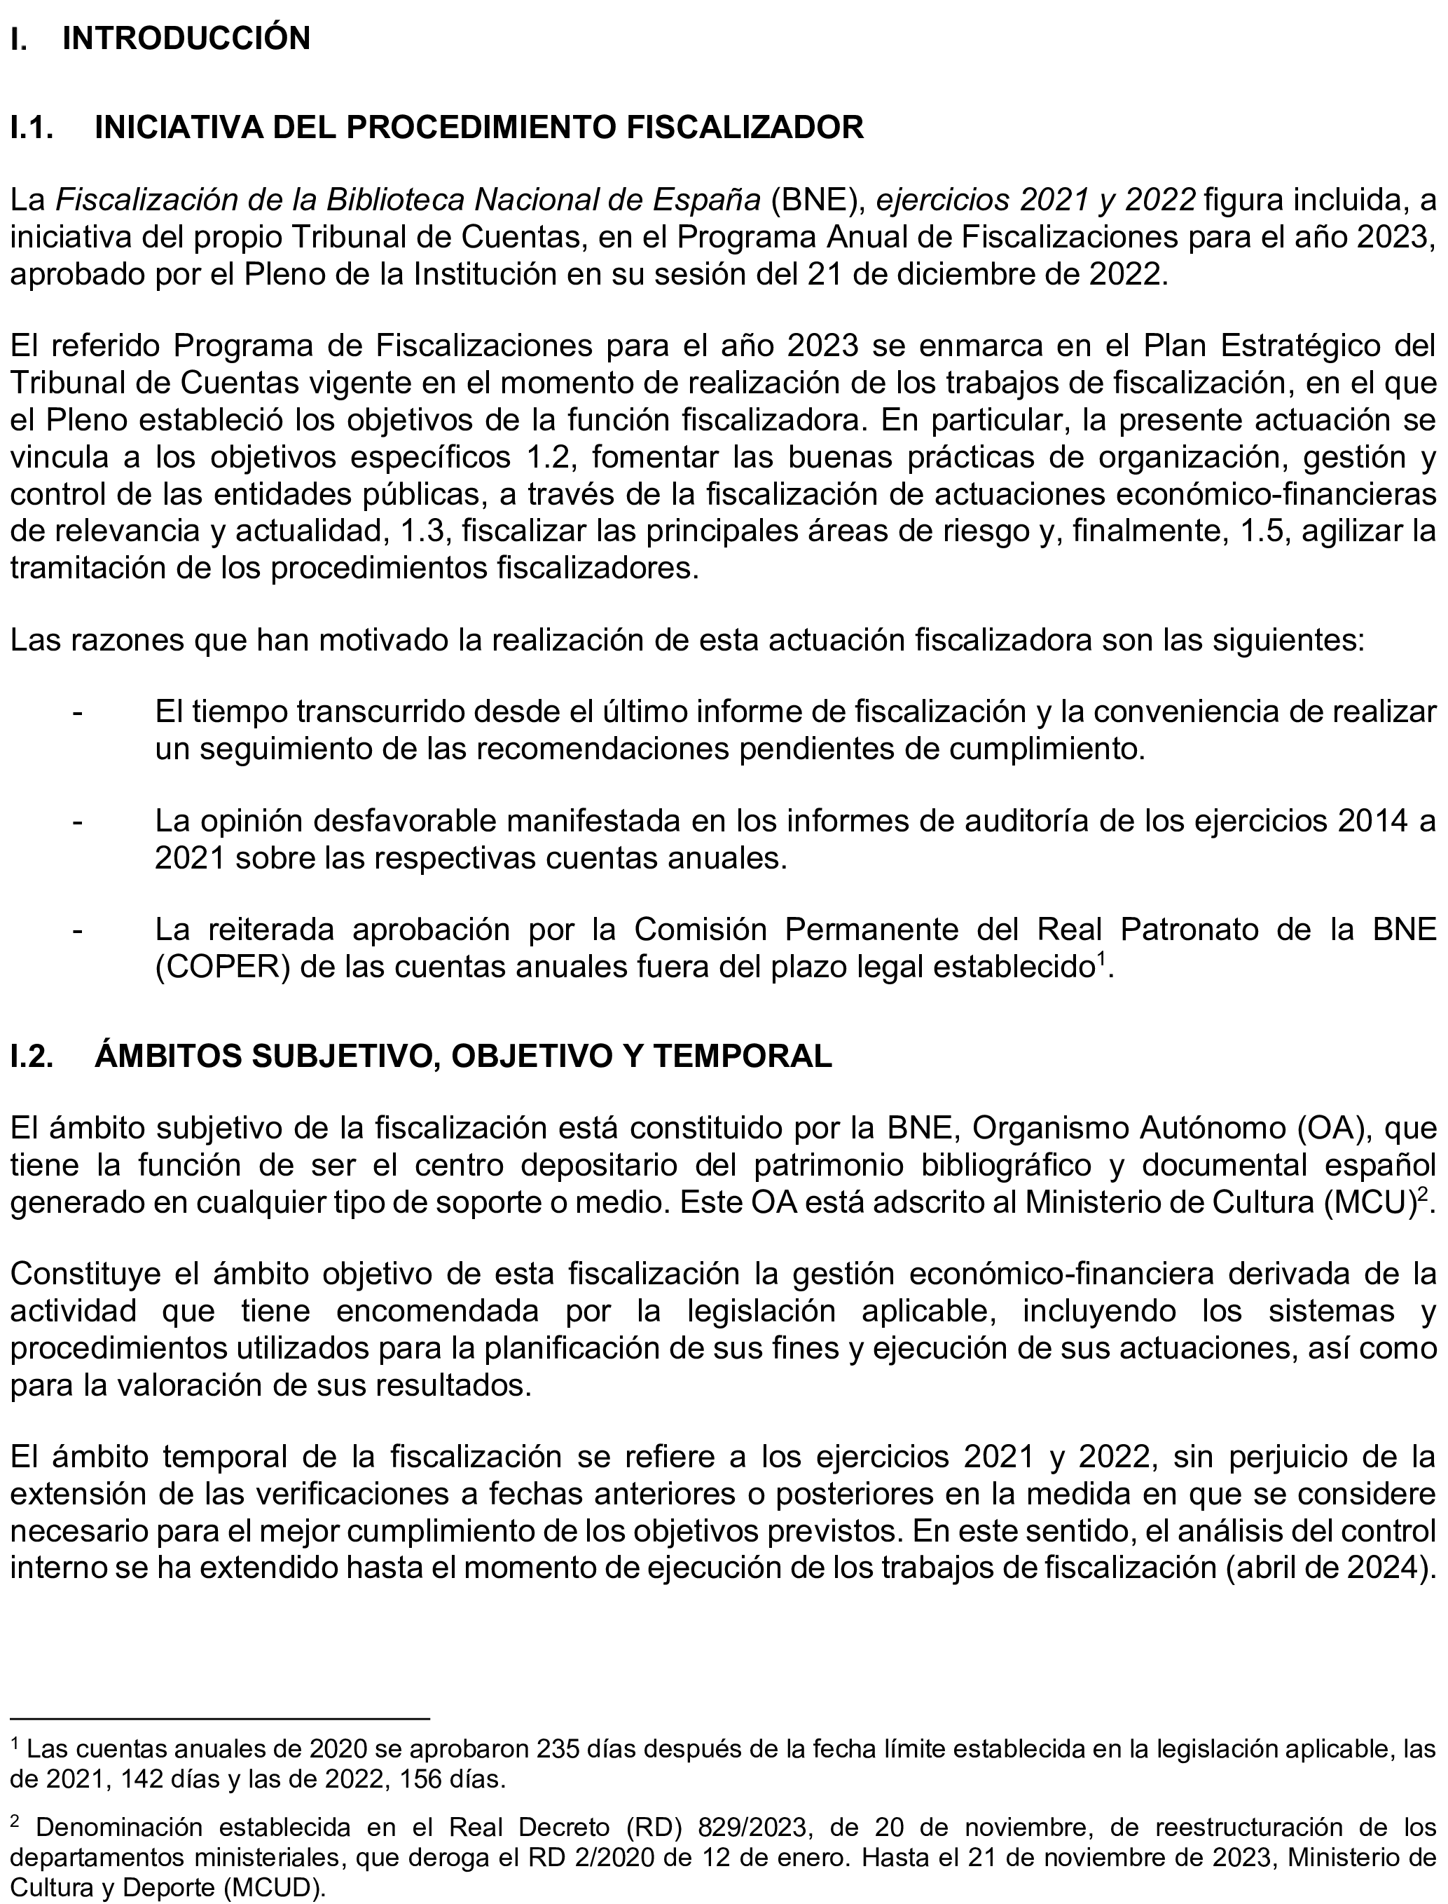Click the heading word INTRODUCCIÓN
(186, 39)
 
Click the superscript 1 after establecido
(1101, 959)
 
